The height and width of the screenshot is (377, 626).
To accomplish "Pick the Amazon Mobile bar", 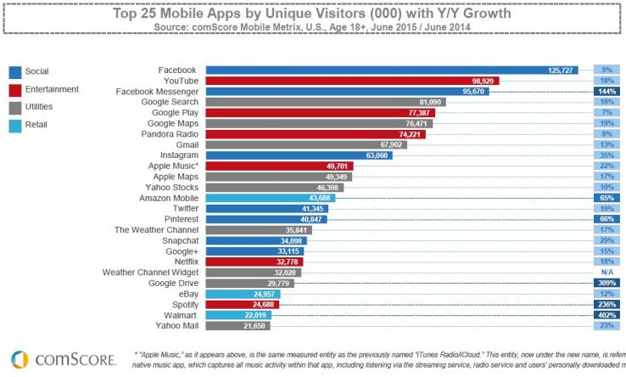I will (x=270, y=198).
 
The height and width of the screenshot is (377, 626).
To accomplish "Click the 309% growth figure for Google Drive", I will (x=606, y=283).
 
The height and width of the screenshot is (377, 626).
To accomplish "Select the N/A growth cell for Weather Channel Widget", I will (x=606, y=272).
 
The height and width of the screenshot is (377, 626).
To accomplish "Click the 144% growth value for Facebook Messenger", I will (x=606, y=90).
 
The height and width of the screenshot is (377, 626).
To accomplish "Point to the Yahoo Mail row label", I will (x=176, y=326).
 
